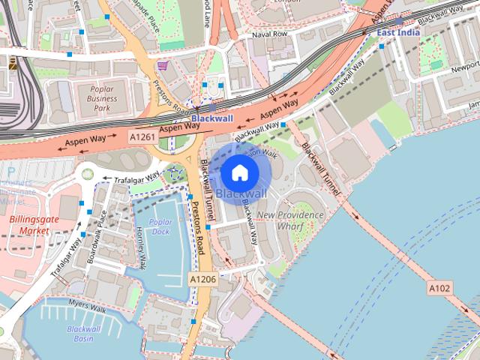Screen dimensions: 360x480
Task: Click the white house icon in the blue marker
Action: point(239,173)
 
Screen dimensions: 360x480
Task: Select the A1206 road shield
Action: point(202,279)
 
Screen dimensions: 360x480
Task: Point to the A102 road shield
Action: point(440,287)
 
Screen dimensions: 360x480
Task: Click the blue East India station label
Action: point(397,33)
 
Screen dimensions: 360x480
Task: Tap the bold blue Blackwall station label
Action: point(212,118)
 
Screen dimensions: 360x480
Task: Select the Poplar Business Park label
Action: point(97,98)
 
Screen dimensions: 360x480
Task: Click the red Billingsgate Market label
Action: point(29,226)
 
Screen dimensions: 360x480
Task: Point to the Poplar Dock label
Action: point(160,227)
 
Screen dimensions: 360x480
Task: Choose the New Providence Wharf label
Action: point(289,220)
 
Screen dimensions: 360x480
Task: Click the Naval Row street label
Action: point(270,34)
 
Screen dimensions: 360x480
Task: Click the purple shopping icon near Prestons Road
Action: point(163,65)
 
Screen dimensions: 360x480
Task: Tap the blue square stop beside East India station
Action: point(382,46)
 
